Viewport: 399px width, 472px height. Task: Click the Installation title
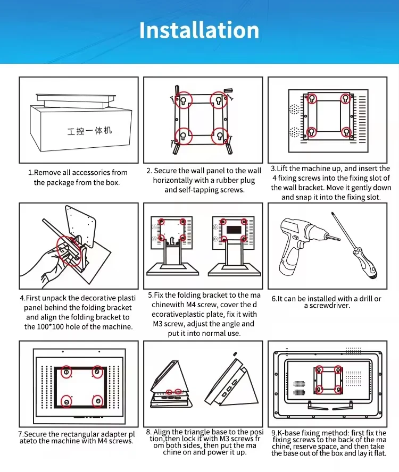pos(199,30)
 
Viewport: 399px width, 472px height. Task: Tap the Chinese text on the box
pos(89,131)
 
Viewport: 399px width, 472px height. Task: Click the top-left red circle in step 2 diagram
pos(183,100)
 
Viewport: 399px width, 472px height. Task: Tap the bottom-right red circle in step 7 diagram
pos(97,401)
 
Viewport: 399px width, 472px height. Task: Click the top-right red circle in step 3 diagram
pos(345,98)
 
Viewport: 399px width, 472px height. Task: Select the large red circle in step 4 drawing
pos(69,251)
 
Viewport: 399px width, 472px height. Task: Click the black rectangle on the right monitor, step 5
pos(234,230)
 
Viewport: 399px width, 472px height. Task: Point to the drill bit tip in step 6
pos(339,240)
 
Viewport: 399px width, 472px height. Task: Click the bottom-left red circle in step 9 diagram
pos(319,390)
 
